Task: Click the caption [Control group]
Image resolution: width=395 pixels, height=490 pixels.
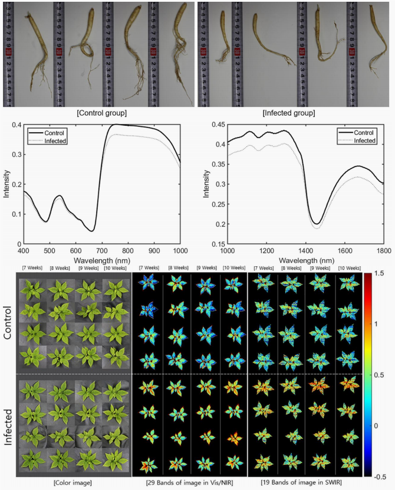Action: pyautogui.click(x=98, y=113)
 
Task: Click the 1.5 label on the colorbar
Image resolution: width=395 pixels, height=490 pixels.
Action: pyautogui.click(x=378, y=273)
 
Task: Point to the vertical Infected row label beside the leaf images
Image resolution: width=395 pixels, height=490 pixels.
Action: pyautogui.click(x=9, y=425)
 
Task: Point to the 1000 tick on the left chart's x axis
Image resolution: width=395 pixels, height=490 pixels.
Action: pyautogui.click(x=180, y=250)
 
